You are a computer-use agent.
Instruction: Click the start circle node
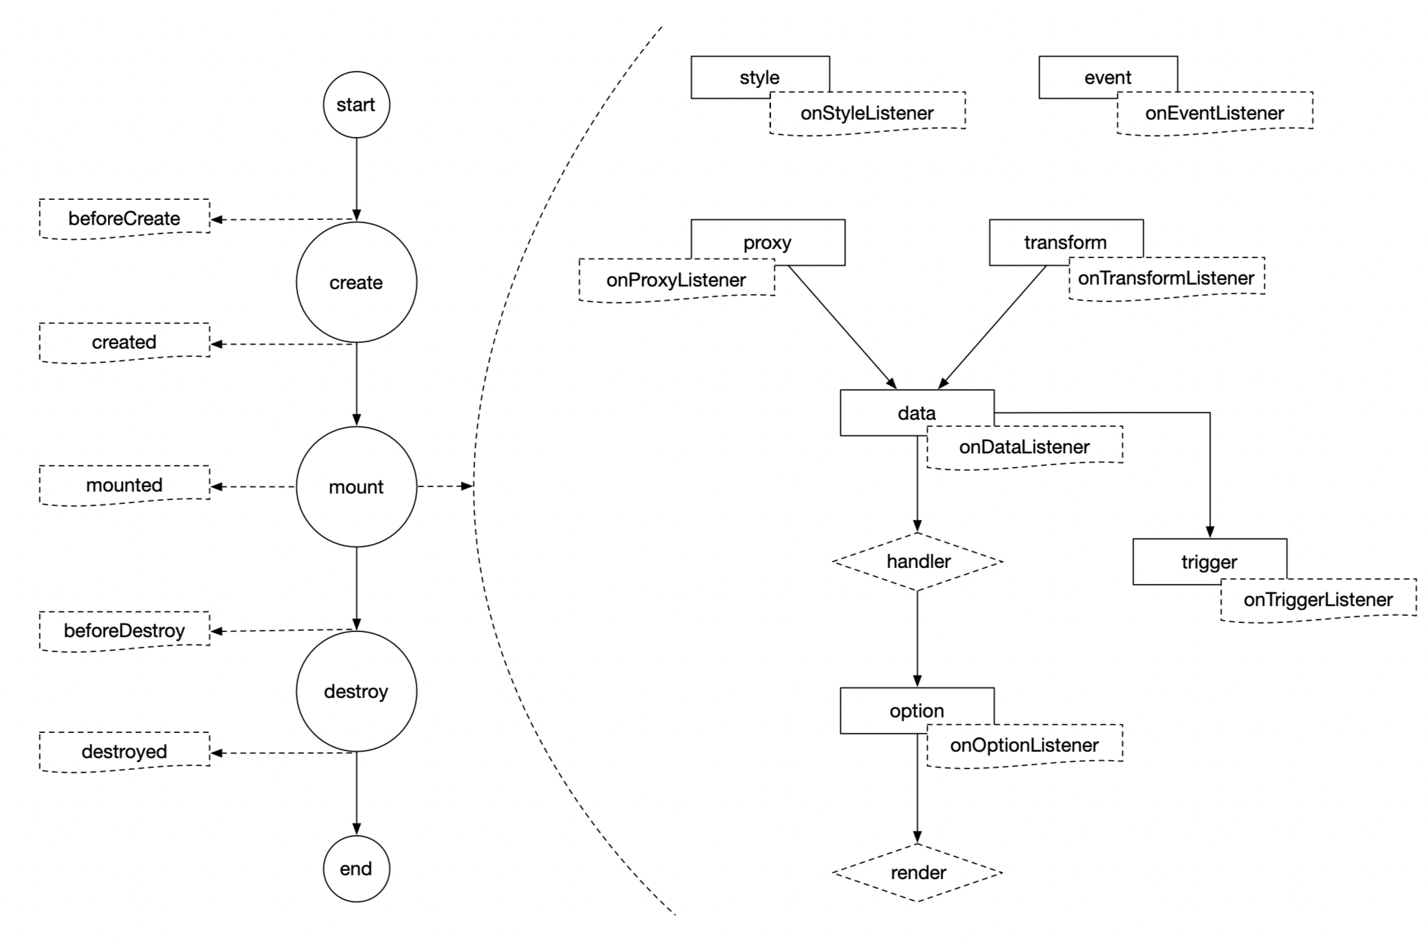(x=356, y=105)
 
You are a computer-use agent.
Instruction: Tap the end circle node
(x=356, y=868)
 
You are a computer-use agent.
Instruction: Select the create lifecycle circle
(x=356, y=282)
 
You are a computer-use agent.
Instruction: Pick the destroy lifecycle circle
(x=356, y=691)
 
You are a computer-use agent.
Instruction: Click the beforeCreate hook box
(x=124, y=218)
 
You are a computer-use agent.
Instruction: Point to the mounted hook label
(x=124, y=485)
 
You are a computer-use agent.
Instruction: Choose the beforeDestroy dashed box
(x=124, y=630)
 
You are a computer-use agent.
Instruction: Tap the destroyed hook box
(x=124, y=751)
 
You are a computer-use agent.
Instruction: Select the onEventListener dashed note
(x=1214, y=113)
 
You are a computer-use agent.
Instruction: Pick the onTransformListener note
(x=1166, y=278)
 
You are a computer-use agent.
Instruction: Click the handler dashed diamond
(x=918, y=561)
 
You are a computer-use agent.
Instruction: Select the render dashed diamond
(x=918, y=872)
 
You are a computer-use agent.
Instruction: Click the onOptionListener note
(x=1024, y=745)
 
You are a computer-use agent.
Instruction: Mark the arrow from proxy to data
(x=842, y=326)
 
